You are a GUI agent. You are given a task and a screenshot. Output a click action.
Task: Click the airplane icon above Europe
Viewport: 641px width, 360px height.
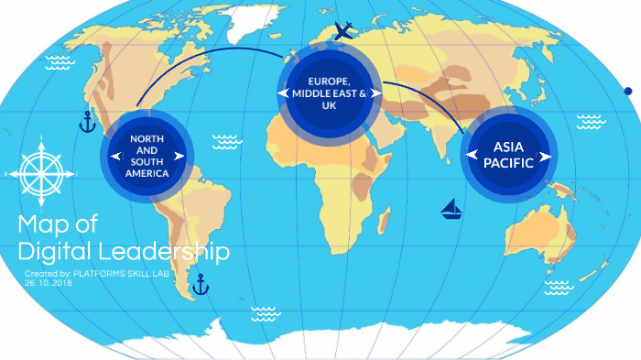tap(343, 32)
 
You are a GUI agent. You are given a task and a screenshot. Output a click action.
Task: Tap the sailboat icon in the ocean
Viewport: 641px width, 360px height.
tap(451, 210)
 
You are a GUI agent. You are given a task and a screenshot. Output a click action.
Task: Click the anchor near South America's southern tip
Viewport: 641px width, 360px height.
tap(200, 285)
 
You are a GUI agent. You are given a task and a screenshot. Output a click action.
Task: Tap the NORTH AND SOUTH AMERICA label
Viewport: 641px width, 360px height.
tap(147, 156)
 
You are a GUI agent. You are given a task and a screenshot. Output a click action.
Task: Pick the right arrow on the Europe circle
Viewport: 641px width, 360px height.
tap(375, 93)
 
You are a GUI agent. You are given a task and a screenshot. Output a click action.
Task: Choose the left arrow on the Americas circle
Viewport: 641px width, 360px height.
tap(115, 157)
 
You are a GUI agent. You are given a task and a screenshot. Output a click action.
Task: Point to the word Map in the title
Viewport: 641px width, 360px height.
tap(45, 224)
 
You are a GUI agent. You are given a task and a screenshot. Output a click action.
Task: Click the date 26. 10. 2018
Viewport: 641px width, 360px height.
tap(48, 283)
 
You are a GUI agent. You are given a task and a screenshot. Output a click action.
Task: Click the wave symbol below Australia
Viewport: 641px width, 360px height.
tap(558, 288)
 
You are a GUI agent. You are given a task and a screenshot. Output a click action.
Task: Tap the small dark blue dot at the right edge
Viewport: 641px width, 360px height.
tap(628, 91)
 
